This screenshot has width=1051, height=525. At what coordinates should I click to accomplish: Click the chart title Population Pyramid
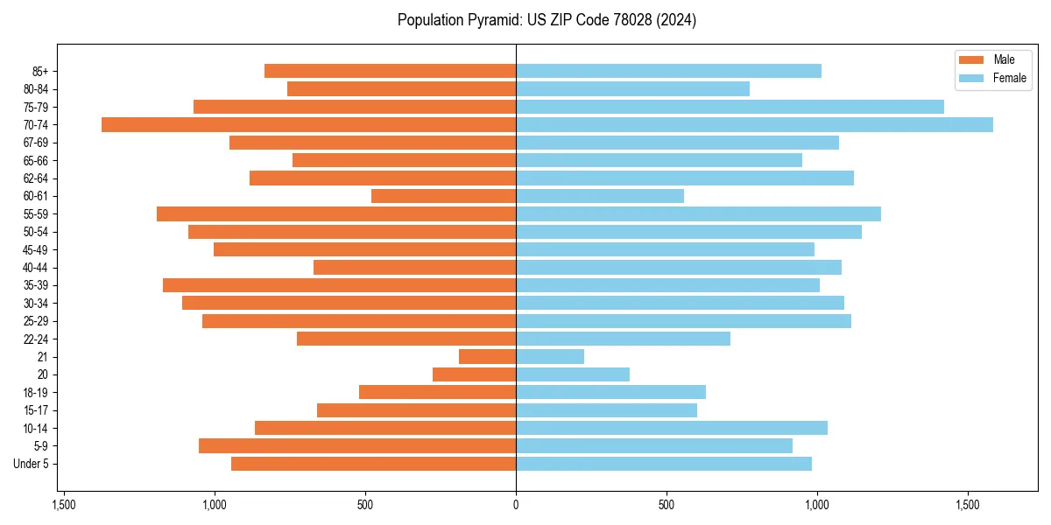coord(547,20)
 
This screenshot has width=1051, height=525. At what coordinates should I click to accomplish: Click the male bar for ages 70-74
coord(308,125)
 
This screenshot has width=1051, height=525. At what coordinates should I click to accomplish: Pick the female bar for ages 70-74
coord(754,125)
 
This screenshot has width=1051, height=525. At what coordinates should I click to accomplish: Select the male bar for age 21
coord(487,357)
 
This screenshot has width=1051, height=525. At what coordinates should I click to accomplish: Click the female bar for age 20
coord(573,374)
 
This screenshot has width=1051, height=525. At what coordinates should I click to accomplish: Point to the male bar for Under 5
coord(373,464)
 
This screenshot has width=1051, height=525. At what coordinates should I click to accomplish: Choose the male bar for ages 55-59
coord(336,214)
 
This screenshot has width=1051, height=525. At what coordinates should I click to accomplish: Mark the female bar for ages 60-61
coord(600,196)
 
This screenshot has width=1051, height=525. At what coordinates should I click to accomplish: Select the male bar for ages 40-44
coord(414,268)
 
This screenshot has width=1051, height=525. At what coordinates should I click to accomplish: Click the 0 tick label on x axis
coord(516,505)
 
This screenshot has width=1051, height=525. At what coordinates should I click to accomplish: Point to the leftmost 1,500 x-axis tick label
coord(63,505)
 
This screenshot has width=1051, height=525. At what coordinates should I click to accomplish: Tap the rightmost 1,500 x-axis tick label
coord(968,505)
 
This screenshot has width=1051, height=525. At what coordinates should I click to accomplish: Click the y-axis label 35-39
coord(35,285)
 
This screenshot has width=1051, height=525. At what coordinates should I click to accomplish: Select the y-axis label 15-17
coord(35,410)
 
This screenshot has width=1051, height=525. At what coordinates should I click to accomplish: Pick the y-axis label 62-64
coord(35,178)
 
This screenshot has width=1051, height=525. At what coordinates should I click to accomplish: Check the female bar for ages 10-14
coord(672,428)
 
